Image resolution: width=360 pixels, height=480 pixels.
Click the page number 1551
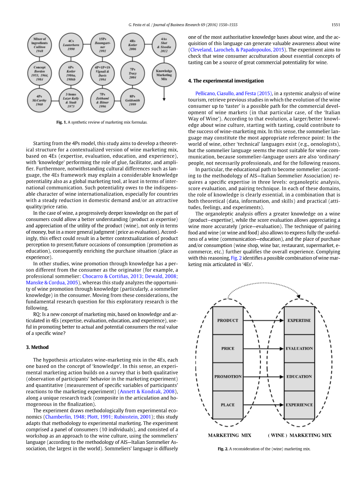coord(336,25)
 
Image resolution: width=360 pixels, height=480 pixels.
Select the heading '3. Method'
coord(40,347)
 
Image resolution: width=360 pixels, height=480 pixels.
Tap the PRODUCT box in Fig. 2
coord(228,321)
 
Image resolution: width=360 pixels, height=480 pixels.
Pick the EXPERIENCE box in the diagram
coord(299,405)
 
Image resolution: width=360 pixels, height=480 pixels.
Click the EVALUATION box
coord(299,349)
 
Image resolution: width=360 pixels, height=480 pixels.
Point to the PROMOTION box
coord(228,377)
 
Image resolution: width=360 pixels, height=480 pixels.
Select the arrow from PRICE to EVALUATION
coord(263,349)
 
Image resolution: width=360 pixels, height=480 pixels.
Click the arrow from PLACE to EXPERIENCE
coord(263,405)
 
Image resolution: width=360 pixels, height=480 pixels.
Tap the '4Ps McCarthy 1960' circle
coord(39,100)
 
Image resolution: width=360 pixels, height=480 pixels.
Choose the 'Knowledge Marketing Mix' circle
coord(164,73)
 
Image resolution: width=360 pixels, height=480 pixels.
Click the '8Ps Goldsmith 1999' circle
coord(132,100)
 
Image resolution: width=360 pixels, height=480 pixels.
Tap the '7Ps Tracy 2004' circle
coord(132,73)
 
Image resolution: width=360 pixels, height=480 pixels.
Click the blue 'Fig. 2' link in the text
coord(236,258)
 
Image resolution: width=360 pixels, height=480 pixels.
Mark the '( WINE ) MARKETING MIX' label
coord(299,435)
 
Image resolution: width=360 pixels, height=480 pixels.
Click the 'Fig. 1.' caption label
coord(61,122)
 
